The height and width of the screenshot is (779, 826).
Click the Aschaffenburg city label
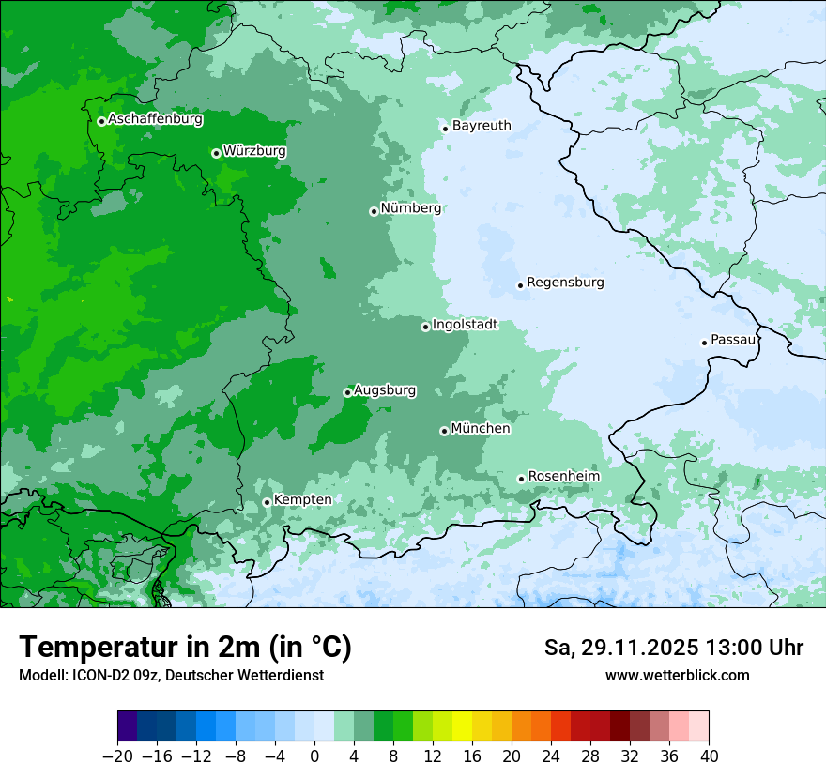click(x=155, y=119)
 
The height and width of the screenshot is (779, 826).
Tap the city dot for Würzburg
click(x=216, y=153)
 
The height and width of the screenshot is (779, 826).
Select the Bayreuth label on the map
click(x=482, y=126)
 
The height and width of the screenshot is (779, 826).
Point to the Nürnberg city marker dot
click(x=374, y=211)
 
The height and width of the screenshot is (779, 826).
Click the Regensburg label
click(x=565, y=283)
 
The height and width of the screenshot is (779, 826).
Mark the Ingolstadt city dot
click(x=425, y=327)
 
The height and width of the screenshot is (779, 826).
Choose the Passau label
click(x=733, y=340)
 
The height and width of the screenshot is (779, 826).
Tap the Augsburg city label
click(x=385, y=390)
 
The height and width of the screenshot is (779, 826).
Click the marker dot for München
click(x=444, y=431)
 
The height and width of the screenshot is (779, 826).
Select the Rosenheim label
click(x=563, y=477)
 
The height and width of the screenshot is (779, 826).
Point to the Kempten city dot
click(x=267, y=502)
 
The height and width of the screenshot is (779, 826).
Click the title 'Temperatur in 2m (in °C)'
click(x=185, y=648)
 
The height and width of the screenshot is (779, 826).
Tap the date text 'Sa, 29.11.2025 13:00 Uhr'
click(x=673, y=649)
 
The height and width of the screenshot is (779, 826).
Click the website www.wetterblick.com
click(x=677, y=675)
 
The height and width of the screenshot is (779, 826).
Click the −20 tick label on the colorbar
click(x=117, y=756)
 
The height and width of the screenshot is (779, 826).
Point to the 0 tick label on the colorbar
click(x=314, y=756)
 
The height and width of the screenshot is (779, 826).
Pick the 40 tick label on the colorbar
click(x=709, y=756)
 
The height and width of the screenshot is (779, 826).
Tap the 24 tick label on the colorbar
click(x=551, y=756)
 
